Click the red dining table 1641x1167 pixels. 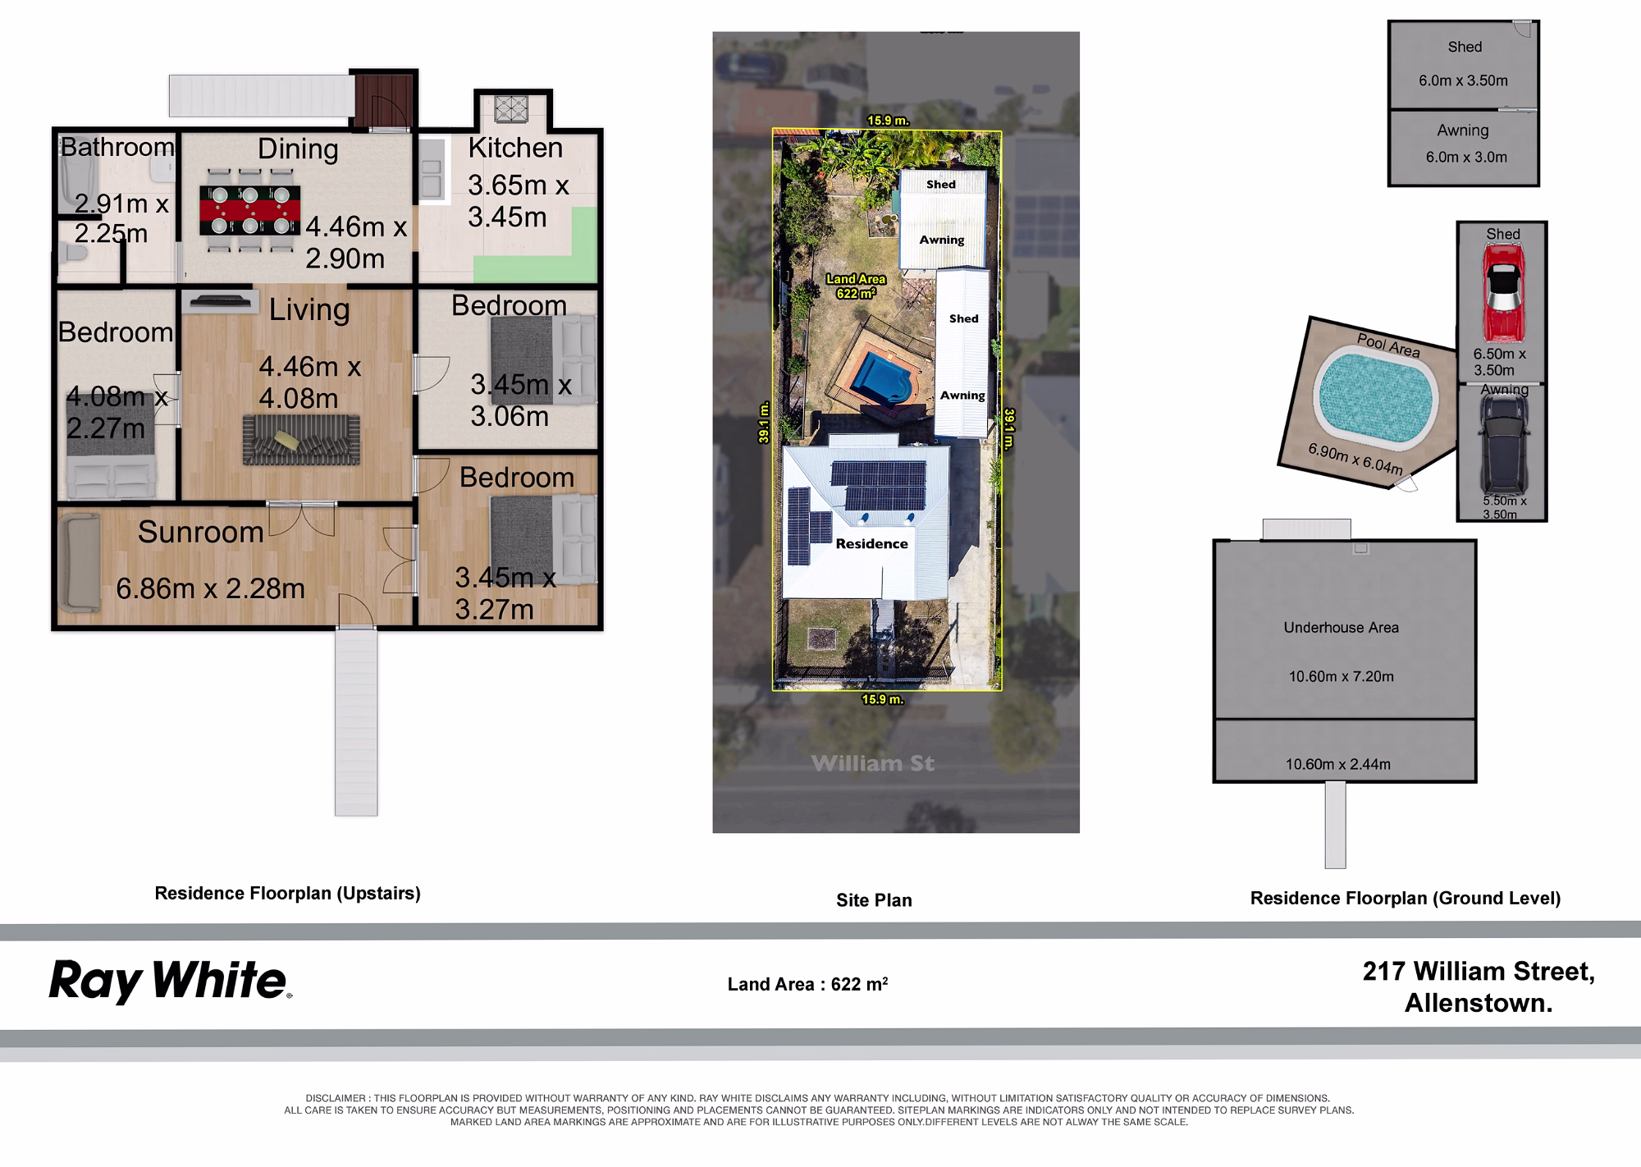[x=250, y=211]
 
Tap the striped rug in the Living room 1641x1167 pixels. [x=301, y=440]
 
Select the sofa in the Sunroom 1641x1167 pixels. [x=79, y=563]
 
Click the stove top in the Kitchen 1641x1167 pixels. [x=512, y=108]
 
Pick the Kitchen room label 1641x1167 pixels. [x=515, y=148]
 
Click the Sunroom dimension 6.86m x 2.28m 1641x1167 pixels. [x=210, y=588]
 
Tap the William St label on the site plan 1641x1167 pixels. [x=873, y=763]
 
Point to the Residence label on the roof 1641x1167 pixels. [x=871, y=543]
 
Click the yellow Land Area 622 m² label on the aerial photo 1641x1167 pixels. [x=856, y=286]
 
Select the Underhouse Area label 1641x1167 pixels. [x=1341, y=628]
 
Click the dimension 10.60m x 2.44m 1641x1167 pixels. [x=1337, y=764]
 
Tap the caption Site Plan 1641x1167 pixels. [x=874, y=900]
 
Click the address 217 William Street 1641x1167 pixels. [x=1479, y=972]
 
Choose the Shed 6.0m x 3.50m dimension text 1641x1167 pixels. [x=1463, y=80]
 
